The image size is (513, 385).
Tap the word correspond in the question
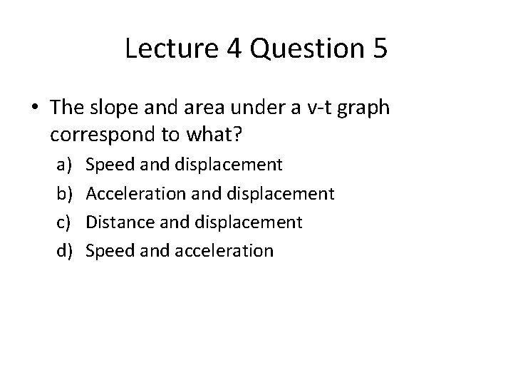click(99, 135)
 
